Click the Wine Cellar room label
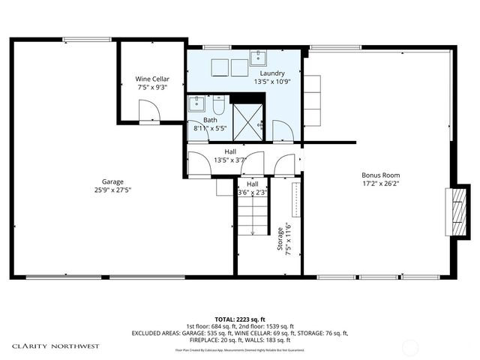click(152, 79)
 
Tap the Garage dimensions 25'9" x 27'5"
click(113, 190)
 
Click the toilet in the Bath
click(219, 104)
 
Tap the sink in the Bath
click(194, 105)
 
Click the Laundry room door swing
click(283, 131)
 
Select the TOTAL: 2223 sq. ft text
click(239, 319)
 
